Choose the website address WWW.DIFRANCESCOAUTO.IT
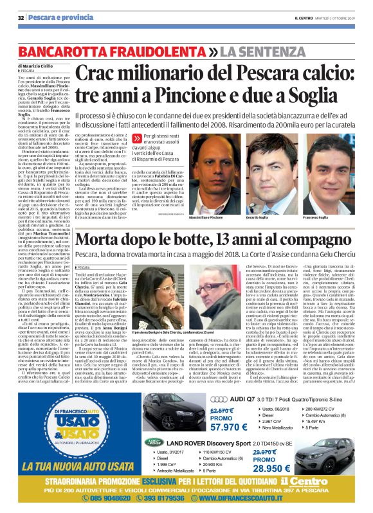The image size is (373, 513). pos(278,499)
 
